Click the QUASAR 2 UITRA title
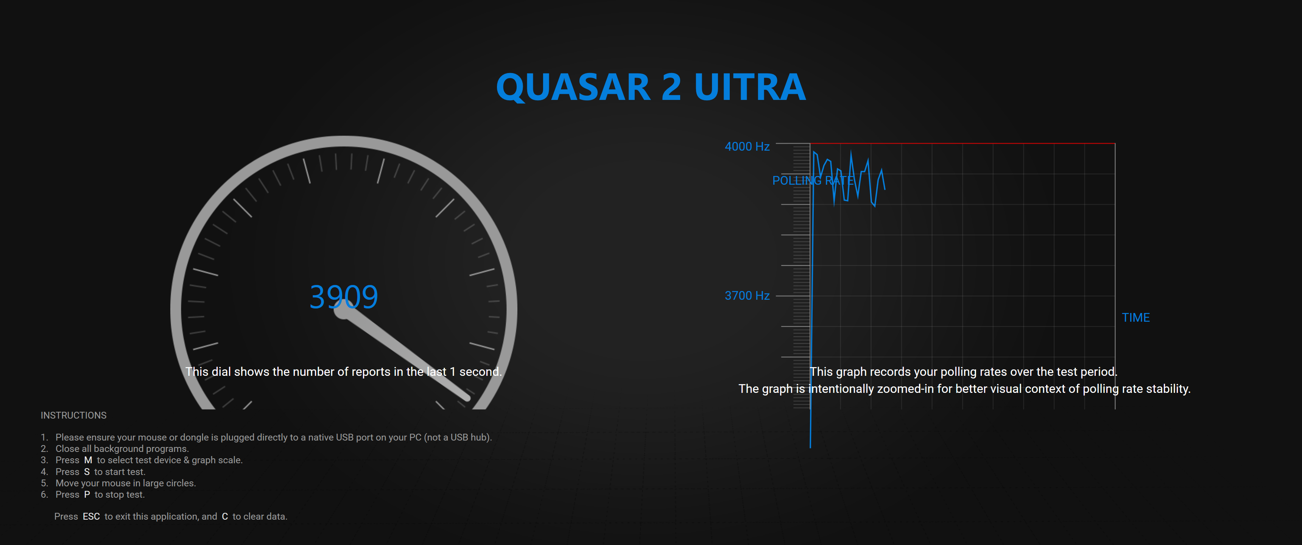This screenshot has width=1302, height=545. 651,87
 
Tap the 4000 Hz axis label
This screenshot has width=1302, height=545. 747,146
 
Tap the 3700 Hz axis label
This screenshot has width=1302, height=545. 747,296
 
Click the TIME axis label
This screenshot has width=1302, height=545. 1136,318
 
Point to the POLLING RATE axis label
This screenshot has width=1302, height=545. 813,181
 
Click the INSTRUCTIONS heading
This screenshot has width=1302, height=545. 73,415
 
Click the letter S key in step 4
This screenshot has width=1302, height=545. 87,472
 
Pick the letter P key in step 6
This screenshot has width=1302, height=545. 87,494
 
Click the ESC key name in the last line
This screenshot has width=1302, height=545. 92,516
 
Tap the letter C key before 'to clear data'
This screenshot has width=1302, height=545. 225,516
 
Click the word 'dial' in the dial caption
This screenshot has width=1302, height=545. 221,372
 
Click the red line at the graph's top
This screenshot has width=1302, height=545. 962,143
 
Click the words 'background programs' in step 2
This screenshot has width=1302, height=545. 141,449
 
